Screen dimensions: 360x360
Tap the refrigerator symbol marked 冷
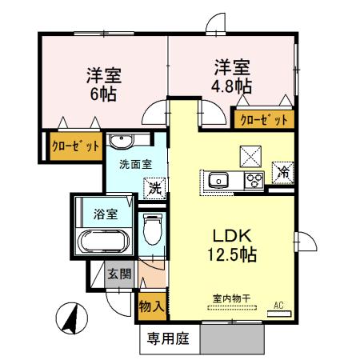tap(282, 170)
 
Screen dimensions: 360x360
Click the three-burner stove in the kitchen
tap(254, 179)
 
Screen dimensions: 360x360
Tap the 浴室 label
tap(106, 214)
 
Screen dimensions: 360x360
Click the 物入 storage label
tap(152, 306)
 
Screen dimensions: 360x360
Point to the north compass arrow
tap(70, 318)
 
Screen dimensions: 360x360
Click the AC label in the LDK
tap(278, 305)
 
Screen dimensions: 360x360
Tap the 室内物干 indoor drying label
tap(231, 299)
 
